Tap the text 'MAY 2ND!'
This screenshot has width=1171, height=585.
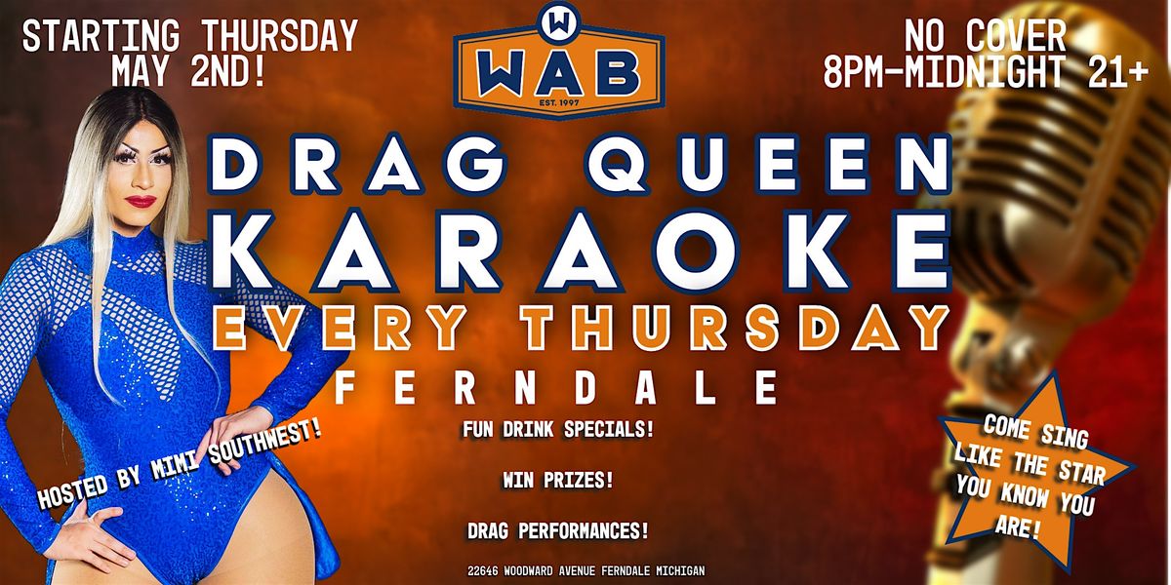pos(188,70)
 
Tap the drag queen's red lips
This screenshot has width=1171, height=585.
pos(142,201)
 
